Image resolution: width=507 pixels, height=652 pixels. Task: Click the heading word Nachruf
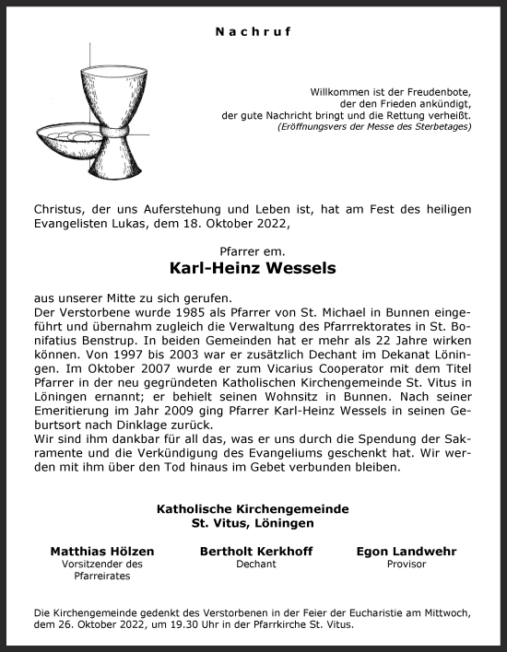tap(253, 32)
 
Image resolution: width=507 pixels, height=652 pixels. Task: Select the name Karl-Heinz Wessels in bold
tap(253, 270)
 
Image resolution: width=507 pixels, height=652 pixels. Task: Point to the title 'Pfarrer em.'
tap(253, 250)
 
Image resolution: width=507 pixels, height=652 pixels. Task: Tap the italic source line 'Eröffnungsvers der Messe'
tap(374, 126)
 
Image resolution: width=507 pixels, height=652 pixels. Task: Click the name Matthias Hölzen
tap(102, 551)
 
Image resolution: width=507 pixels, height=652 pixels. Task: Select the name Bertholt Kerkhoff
tap(255, 551)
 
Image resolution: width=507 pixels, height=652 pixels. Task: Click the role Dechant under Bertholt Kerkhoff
tap(255, 565)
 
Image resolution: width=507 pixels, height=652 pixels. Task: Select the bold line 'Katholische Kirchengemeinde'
tap(253, 507)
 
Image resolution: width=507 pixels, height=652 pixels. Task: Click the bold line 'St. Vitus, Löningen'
tap(253, 522)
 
